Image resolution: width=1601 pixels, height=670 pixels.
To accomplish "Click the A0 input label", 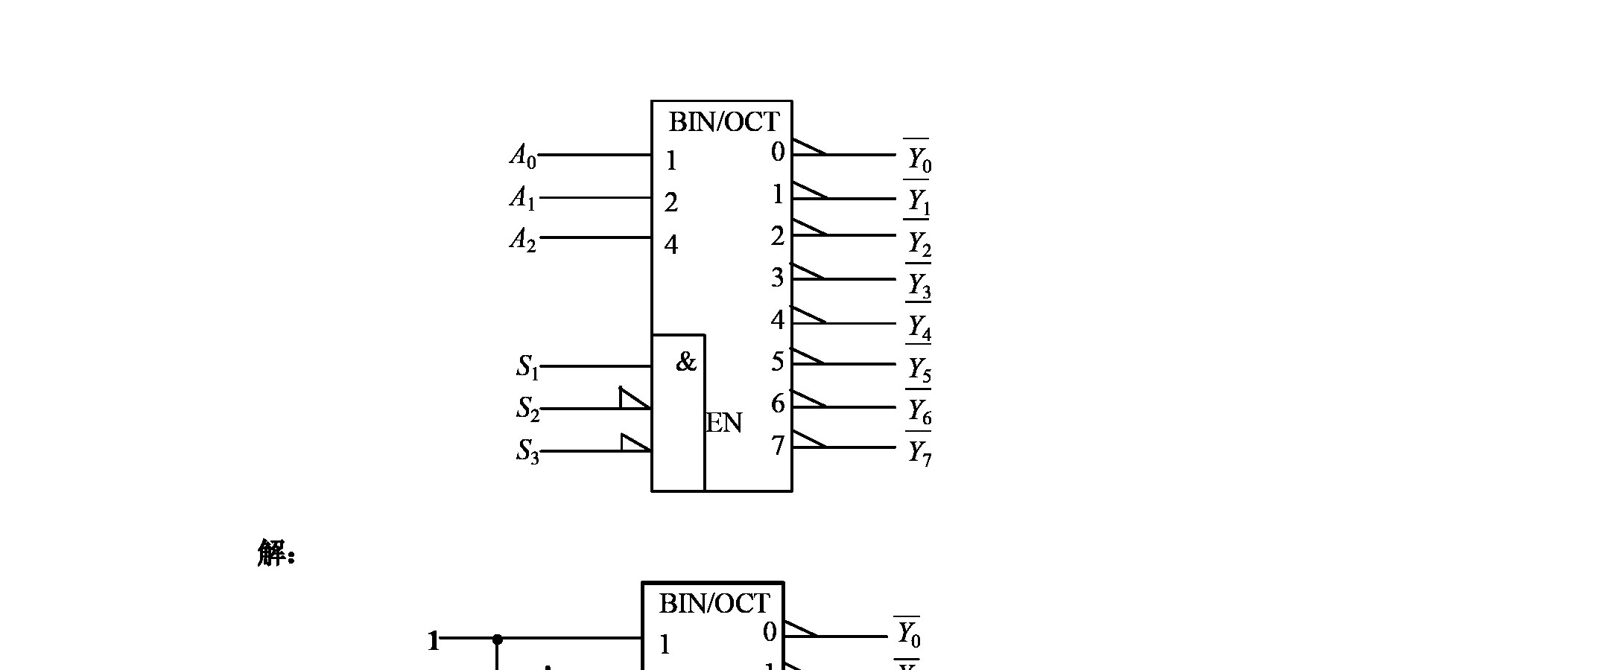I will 523,156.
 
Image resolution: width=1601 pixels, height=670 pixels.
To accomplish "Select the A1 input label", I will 523,198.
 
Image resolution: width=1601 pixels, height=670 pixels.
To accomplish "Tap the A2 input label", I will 523,240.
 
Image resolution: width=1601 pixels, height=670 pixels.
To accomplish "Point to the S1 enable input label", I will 527,367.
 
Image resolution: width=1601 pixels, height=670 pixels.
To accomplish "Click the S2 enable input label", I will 527,409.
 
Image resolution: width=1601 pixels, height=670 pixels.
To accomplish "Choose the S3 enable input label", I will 527,451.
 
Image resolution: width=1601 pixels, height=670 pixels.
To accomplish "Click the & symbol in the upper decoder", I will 685,363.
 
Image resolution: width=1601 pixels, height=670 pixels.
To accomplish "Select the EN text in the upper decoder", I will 724,424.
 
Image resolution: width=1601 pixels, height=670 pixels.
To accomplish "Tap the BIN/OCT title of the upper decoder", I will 723,122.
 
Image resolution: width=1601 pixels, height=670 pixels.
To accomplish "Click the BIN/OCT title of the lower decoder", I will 714,604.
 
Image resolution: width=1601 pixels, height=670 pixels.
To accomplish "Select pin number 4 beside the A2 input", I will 671,245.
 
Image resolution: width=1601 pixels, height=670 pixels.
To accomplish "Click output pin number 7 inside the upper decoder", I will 778,446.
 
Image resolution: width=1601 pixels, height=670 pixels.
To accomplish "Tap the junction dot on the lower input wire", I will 498,639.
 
